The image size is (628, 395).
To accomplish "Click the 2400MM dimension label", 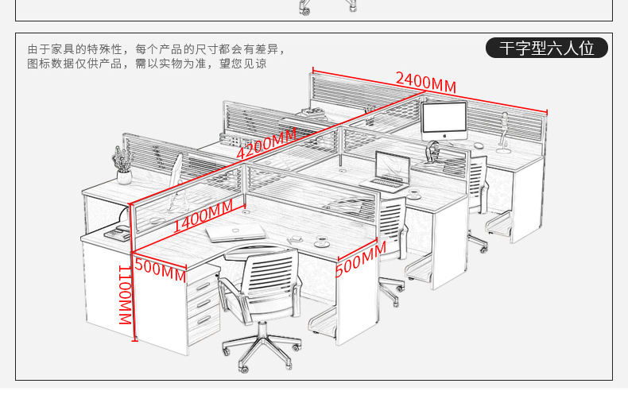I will [426, 83].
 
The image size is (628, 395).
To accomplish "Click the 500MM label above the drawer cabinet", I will [160, 269].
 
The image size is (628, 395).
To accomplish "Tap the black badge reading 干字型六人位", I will [547, 48].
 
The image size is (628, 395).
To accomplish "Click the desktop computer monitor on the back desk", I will [444, 120].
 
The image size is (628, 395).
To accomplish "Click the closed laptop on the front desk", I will [235, 232].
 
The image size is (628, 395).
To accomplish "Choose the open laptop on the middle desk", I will [390, 172].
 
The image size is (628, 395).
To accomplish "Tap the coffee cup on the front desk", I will [322, 241].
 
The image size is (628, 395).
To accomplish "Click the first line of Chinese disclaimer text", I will [155, 49].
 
